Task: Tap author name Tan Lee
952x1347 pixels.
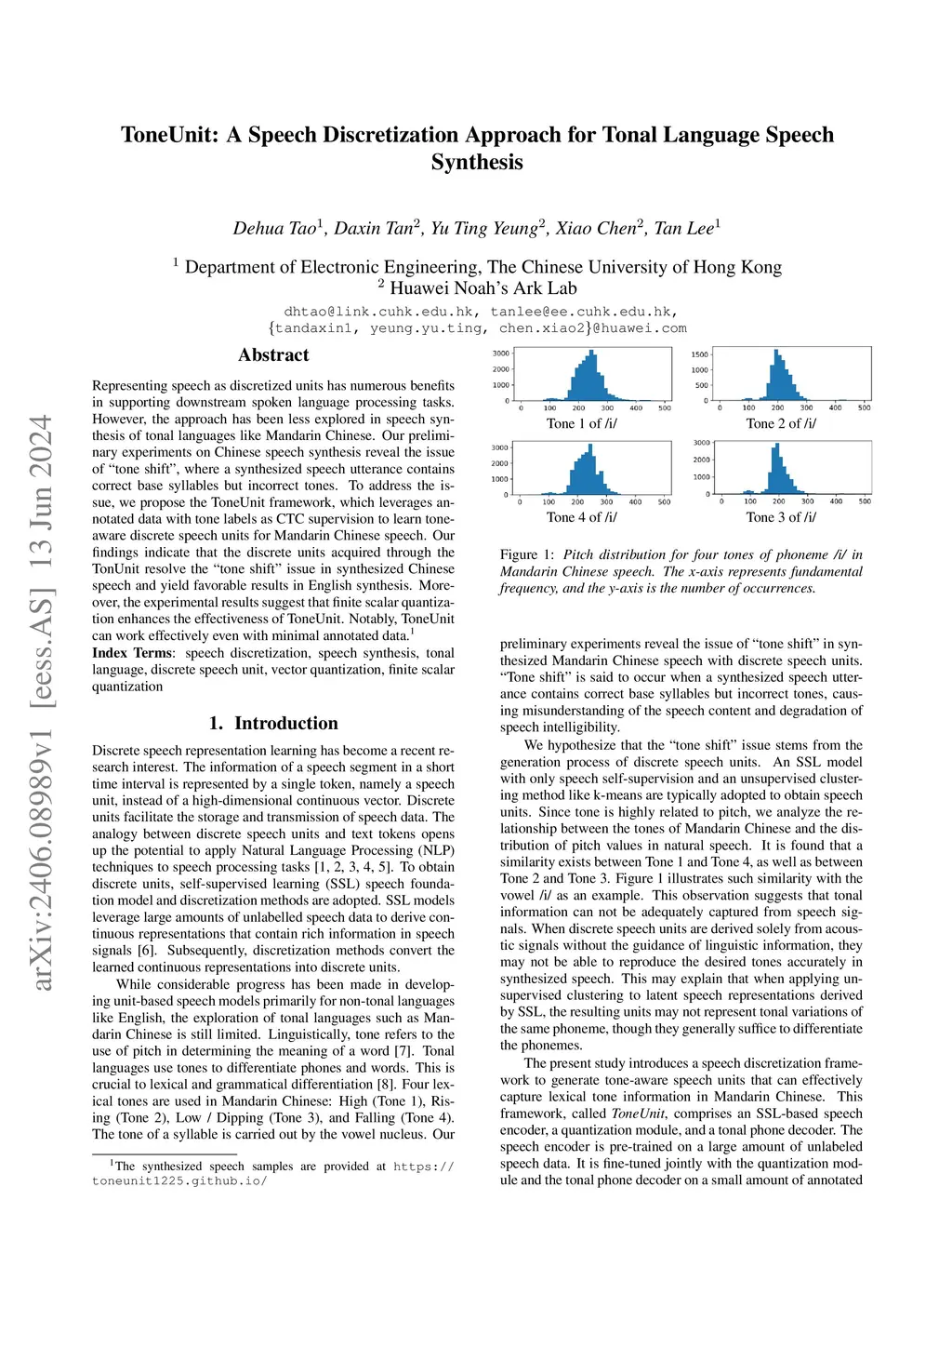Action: point(686,228)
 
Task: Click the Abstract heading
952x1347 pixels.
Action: point(273,354)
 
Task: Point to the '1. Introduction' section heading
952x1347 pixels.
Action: point(273,723)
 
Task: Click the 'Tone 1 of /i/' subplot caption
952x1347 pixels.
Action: point(581,423)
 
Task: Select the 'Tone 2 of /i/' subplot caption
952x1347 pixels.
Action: point(781,423)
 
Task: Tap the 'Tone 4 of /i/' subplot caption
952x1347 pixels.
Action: point(581,517)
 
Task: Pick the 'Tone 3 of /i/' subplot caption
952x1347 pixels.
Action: point(781,517)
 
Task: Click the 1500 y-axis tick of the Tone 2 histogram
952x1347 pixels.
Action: point(699,354)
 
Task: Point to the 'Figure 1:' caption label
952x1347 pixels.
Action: point(527,554)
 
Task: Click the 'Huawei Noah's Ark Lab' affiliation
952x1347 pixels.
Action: point(483,288)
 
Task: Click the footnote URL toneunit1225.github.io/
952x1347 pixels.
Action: point(179,1181)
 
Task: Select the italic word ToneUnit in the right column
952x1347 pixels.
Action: point(639,1114)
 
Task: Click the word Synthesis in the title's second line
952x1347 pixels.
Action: point(477,162)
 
